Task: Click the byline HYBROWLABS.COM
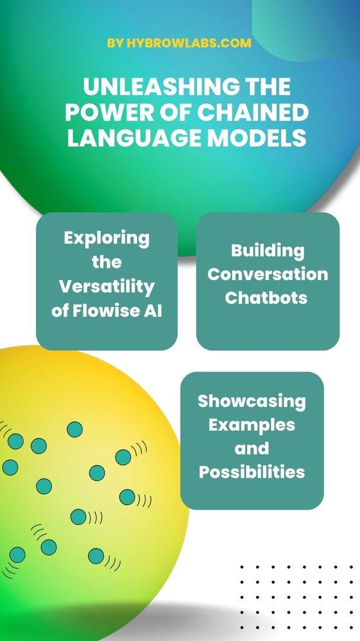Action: coord(189,43)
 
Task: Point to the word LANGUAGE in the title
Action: coord(134,138)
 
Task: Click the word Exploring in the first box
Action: coord(107,239)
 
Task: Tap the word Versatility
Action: coord(107,287)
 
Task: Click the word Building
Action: coord(267,251)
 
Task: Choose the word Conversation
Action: coord(267,274)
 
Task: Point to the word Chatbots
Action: coord(266,298)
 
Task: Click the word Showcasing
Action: coord(251,401)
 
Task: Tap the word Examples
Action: coord(251,425)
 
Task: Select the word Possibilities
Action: coord(251,472)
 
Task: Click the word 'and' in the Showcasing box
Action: coord(251,449)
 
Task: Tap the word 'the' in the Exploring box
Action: coord(107,262)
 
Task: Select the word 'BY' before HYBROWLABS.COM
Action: coord(115,43)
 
